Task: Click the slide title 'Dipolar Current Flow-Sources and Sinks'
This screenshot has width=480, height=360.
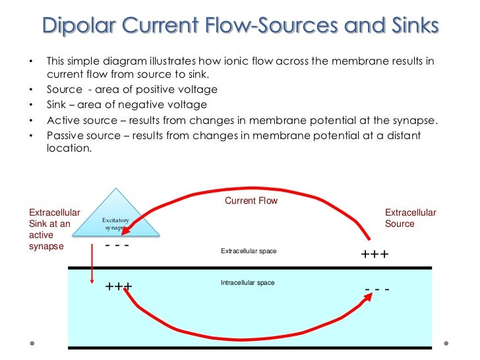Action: click(240, 26)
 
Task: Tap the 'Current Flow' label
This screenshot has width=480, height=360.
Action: click(251, 200)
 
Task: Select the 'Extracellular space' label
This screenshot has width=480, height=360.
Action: click(248, 252)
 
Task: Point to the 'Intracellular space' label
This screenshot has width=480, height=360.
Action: click(247, 283)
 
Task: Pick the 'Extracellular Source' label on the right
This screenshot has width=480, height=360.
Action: click(410, 218)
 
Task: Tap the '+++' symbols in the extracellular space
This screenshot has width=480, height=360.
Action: click(375, 255)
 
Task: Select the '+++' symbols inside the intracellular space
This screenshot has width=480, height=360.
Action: click(119, 287)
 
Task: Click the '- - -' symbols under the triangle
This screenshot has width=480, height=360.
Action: click(117, 246)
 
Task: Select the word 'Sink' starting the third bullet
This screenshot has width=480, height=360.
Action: click(57, 104)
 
